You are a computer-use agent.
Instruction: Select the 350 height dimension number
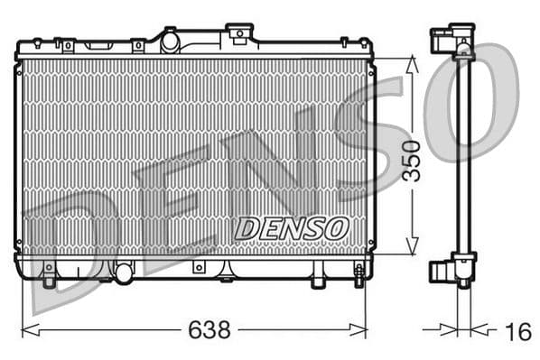click(x=412, y=160)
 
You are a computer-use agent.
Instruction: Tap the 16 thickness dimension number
click(x=517, y=332)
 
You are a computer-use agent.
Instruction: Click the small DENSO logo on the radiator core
click(x=292, y=228)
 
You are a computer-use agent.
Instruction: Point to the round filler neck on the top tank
click(x=170, y=40)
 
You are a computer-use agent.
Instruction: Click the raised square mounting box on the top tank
click(x=239, y=33)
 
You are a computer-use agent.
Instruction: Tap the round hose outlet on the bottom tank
click(x=123, y=270)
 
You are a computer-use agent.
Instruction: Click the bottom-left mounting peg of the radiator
click(x=49, y=276)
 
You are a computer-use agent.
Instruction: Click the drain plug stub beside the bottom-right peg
click(x=318, y=279)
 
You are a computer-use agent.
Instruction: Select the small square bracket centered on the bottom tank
click(x=198, y=269)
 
